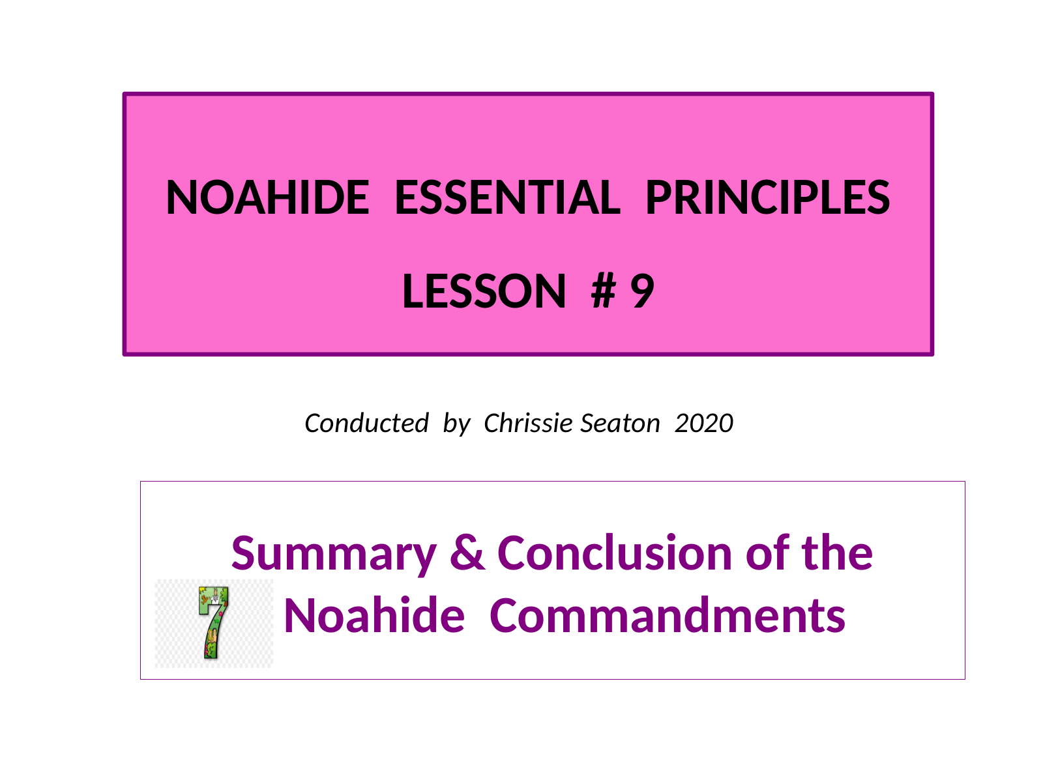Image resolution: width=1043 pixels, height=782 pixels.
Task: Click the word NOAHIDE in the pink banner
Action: tap(267, 197)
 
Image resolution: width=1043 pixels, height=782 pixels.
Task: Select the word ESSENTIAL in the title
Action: tap(507, 197)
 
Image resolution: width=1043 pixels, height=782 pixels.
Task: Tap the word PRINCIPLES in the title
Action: tap(767, 197)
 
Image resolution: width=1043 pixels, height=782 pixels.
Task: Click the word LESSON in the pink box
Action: tap(484, 291)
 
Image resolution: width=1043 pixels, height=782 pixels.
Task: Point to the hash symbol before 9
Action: tap(604, 291)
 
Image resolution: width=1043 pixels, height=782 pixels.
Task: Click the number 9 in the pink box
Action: tap(642, 291)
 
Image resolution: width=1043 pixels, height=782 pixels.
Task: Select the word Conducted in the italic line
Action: tap(366, 423)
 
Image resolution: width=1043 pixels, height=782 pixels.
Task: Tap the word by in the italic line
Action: tap(456, 424)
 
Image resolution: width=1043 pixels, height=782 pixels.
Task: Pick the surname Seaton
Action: tap(620, 423)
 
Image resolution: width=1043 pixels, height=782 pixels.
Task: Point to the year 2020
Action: tap(704, 423)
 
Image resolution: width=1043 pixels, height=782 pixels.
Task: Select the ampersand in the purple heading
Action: tap(467, 552)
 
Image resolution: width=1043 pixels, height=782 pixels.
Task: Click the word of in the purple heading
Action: tap(767, 552)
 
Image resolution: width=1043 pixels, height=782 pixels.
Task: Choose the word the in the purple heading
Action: tap(837, 552)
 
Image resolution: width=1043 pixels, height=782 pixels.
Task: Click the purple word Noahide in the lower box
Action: tap(374, 615)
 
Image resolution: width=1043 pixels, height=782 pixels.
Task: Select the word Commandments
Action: tap(667, 615)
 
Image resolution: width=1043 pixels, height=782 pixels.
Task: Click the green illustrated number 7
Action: tap(213, 622)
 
